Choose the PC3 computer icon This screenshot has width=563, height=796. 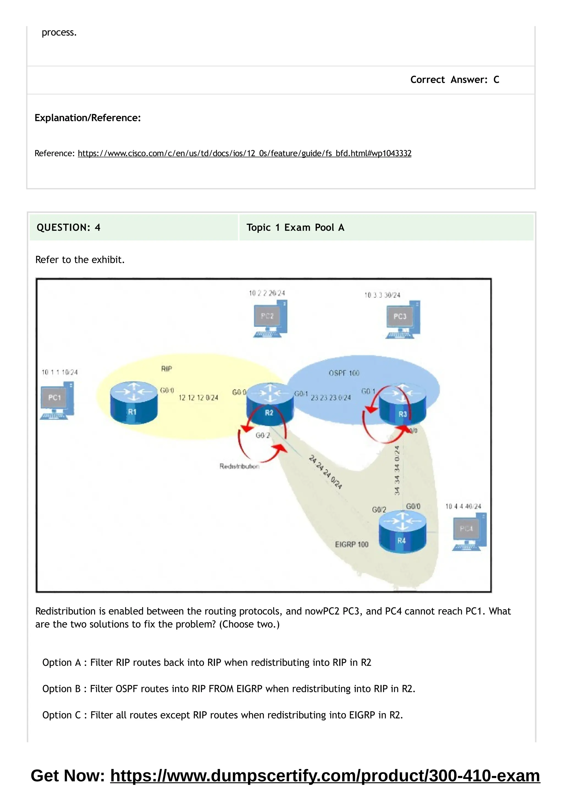pos(403,319)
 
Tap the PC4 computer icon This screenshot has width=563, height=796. pos(469,532)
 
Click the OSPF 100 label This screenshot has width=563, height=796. pos(344,373)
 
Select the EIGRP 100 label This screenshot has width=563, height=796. pos(351,544)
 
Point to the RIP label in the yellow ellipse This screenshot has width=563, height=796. pos(167,369)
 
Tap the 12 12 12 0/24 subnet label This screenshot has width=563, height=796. pos(198,398)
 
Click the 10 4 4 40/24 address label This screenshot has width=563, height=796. pos(463,506)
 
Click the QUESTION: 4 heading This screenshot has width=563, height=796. pos(68,227)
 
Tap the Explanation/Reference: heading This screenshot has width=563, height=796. pos(87,118)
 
